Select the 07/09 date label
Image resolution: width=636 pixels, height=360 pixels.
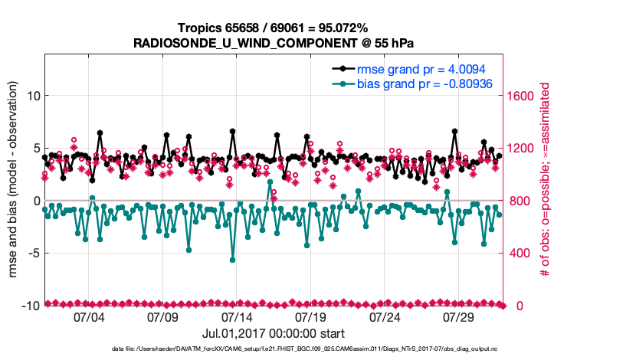(x=162, y=316)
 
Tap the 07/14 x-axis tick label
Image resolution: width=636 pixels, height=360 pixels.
(x=237, y=316)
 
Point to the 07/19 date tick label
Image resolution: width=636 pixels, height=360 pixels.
(x=311, y=316)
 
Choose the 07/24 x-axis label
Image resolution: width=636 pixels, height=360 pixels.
(x=385, y=316)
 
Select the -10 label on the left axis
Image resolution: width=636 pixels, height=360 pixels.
(x=31, y=306)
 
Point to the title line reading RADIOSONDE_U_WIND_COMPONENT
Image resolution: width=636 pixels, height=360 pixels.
(x=274, y=43)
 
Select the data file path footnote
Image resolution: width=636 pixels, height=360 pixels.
(x=274, y=350)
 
